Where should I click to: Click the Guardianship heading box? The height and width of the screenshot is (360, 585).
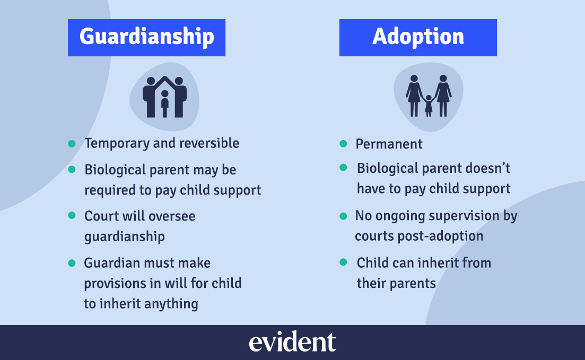click(146, 37)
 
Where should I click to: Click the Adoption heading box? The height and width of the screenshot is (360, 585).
click(418, 37)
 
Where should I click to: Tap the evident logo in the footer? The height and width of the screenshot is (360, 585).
click(292, 343)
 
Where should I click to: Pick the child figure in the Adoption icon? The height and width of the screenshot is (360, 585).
click(429, 105)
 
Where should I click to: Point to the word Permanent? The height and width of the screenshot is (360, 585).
click(389, 144)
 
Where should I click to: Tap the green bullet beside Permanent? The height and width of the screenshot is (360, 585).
click(343, 144)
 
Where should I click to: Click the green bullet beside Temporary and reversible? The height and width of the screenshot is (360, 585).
click(72, 143)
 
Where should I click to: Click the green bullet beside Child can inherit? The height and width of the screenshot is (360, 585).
click(343, 262)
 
